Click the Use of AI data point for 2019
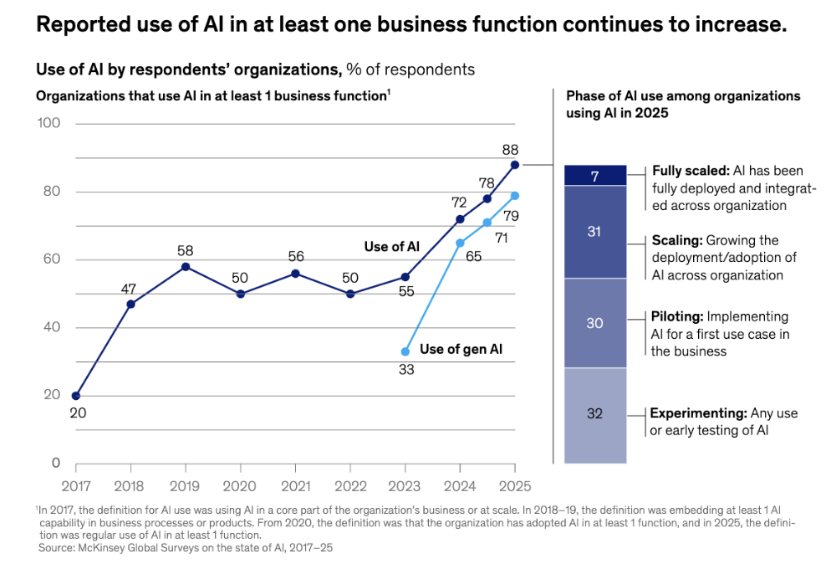click(186, 267)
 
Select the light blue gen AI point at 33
click(405, 351)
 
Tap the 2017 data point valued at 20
click(76, 396)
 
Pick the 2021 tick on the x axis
click(295, 485)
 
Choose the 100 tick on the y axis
click(50, 124)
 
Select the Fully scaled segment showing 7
click(595, 176)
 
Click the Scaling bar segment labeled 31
click(595, 232)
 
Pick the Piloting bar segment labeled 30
click(595, 323)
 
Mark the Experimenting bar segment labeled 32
click(595, 415)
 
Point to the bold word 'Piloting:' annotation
click(677, 316)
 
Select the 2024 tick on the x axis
click(460, 485)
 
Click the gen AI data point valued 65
click(460, 243)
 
